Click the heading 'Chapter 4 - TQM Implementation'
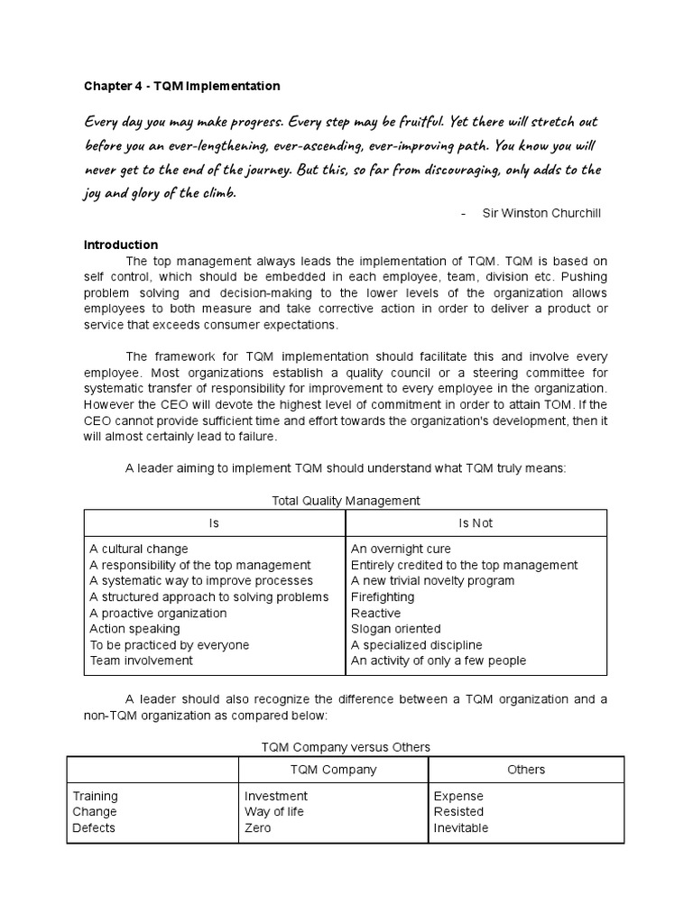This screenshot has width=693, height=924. pyautogui.click(x=181, y=86)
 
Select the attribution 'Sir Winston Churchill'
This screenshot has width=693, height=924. pyautogui.click(x=541, y=213)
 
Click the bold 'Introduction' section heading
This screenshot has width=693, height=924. pyautogui.click(x=121, y=245)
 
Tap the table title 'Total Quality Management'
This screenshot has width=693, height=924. pyautogui.click(x=346, y=500)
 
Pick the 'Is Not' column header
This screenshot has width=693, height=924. pyautogui.click(x=476, y=522)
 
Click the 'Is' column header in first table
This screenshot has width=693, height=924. pyautogui.click(x=214, y=522)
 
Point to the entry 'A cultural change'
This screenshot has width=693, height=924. pyautogui.click(x=139, y=549)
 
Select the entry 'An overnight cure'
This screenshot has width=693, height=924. pyautogui.click(x=401, y=549)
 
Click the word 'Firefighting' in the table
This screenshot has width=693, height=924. pyautogui.click(x=383, y=596)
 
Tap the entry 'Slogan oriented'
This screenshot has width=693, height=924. pyautogui.click(x=395, y=629)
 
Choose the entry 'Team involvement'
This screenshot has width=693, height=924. pyautogui.click(x=141, y=661)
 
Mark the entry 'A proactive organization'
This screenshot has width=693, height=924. pyautogui.click(x=159, y=613)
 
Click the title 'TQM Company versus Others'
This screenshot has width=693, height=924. pyautogui.click(x=346, y=746)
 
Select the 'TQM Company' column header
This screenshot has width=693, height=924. pyautogui.click(x=332, y=770)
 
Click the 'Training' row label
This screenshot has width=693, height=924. pyautogui.click(x=95, y=796)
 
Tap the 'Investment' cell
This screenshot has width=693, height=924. pyautogui.click(x=276, y=796)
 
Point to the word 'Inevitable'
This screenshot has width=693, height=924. pyautogui.click(x=460, y=827)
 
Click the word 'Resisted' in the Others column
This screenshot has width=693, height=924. pyautogui.click(x=458, y=811)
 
